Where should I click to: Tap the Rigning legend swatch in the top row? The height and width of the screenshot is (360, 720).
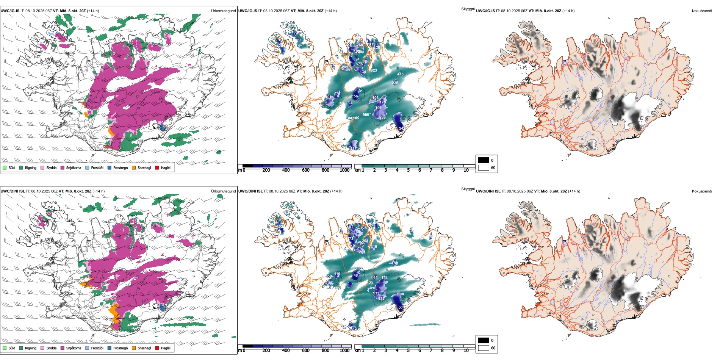[x=22, y=168]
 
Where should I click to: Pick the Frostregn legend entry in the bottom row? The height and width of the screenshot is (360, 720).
[x=120, y=348]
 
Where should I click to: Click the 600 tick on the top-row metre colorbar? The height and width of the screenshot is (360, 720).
[x=305, y=170]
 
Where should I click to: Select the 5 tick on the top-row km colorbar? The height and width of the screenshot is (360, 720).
[x=408, y=170]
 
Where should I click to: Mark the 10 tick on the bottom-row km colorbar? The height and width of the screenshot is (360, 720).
[x=466, y=351]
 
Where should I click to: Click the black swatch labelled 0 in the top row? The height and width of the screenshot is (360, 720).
[x=484, y=160]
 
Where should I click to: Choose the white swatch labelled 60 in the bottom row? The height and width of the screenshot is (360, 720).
[x=484, y=348]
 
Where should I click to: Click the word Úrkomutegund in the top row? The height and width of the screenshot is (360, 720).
[x=223, y=11]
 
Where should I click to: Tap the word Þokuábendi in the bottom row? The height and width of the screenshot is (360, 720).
[x=702, y=191]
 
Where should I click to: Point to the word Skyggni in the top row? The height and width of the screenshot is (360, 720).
[x=468, y=9]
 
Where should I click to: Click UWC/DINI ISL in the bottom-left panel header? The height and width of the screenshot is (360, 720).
[x=13, y=191]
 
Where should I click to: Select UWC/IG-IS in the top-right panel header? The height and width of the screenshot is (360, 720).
[x=485, y=11]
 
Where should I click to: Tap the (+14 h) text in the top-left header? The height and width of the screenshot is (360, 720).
[x=93, y=11]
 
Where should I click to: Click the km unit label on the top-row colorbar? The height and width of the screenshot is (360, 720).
[x=357, y=170]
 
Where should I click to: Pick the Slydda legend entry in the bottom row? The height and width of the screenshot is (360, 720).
[x=51, y=348]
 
